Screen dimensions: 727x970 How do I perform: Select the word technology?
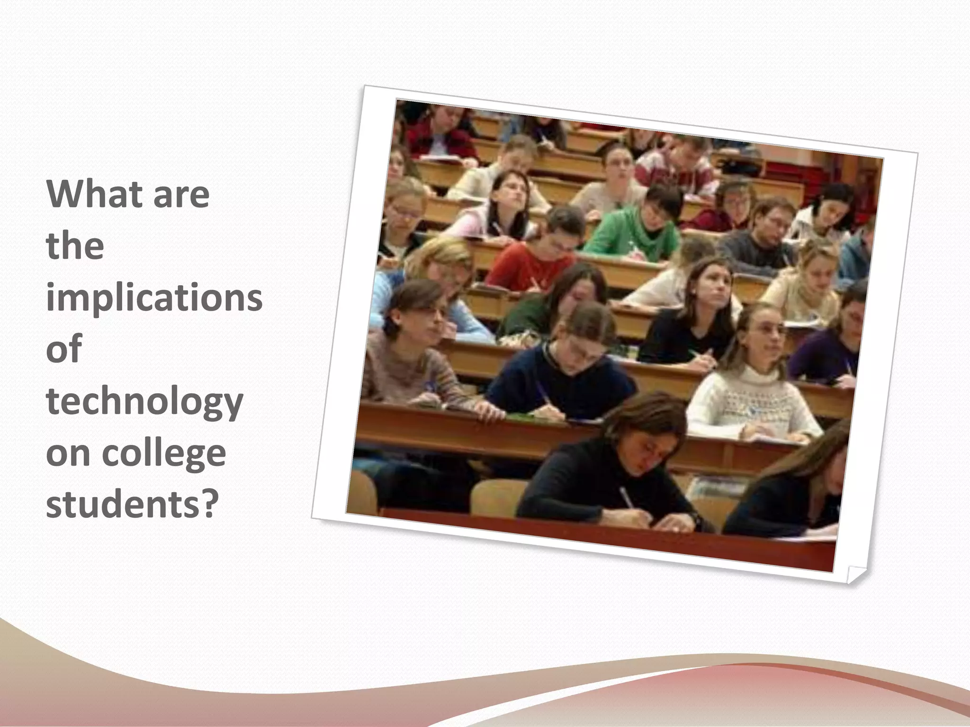tap(144, 402)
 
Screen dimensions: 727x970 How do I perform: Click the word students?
tap(133, 505)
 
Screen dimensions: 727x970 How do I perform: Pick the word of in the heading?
tap(64, 349)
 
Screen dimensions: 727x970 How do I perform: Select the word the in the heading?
tap(75, 247)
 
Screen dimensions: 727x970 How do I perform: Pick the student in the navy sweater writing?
tap(564, 379)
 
